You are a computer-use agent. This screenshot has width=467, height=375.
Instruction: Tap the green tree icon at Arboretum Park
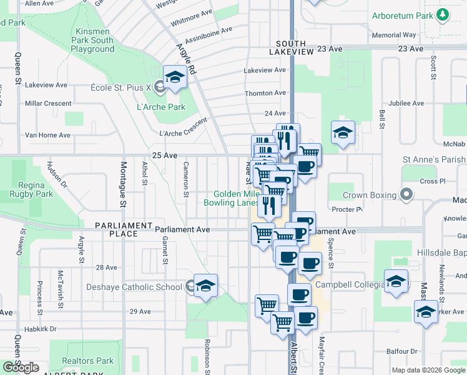point(443,14)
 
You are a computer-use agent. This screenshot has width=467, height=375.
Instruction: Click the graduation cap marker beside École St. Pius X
point(175,77)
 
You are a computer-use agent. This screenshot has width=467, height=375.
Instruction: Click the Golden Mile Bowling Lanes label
point(231,198)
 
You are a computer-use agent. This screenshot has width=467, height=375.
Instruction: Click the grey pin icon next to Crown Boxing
point(407,194)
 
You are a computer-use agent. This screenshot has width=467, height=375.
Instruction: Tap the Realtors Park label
point(88,361)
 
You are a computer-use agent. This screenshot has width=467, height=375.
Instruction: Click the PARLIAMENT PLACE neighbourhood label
point(124,229)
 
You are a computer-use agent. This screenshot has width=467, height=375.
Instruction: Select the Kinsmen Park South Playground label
point(93,40)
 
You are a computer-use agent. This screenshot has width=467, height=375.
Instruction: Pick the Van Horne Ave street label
point(47,135)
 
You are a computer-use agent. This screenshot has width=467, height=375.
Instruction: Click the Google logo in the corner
point(21,367)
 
